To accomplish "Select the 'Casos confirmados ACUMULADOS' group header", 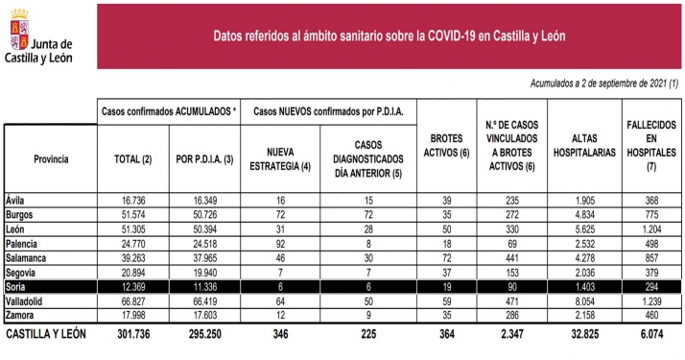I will pos(170,111).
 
